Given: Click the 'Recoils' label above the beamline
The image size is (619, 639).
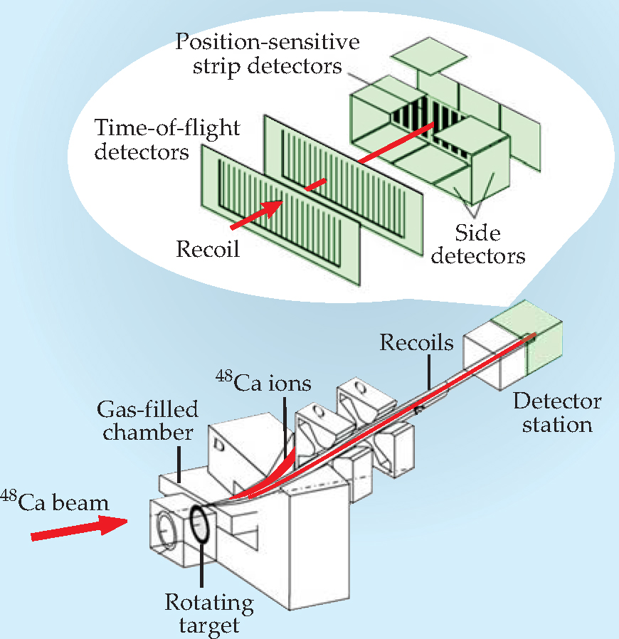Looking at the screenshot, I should [416, 343].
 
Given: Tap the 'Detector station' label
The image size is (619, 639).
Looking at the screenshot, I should [557, 413].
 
